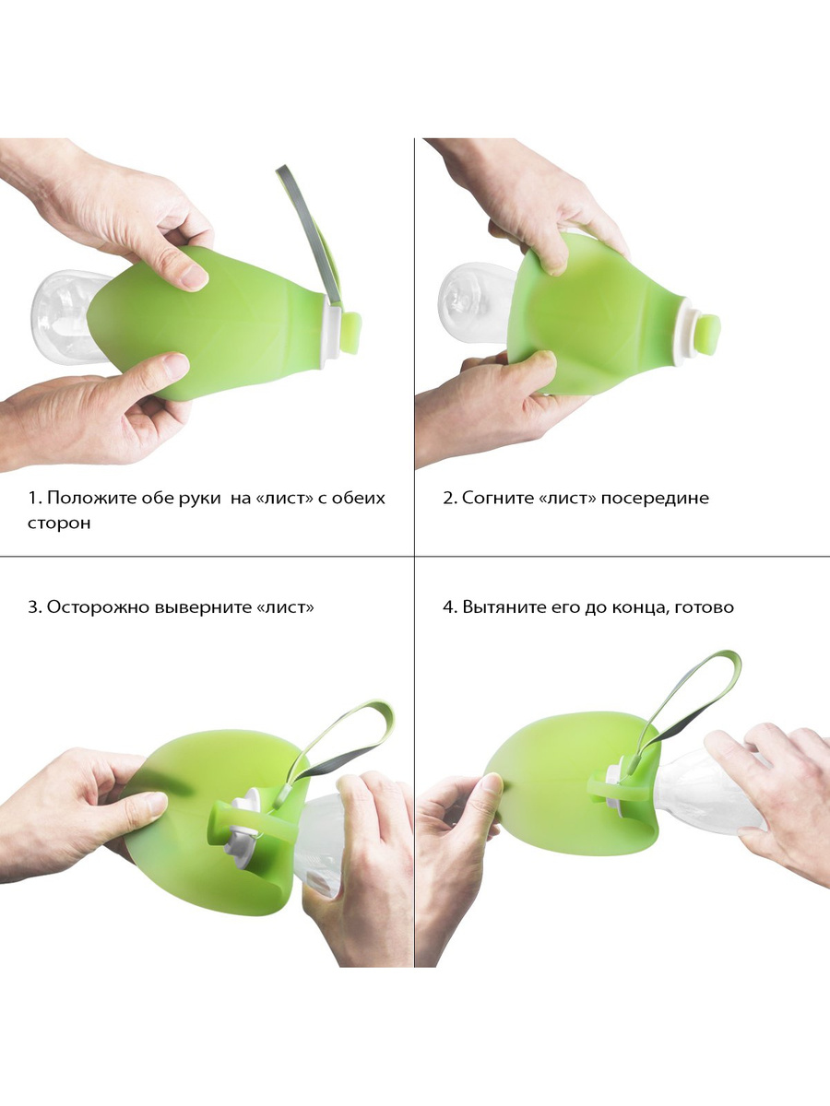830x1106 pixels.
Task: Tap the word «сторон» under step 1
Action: pos(59,523)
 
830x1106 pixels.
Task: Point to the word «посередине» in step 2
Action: pos(655,499)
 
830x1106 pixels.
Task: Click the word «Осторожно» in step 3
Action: pos(97,607)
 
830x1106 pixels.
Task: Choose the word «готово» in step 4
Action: pos(704,607)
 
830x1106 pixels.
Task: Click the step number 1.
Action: pos(33,499)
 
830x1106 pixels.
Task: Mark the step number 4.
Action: pos(448,607)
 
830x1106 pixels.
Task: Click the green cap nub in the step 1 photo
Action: pos(351,333)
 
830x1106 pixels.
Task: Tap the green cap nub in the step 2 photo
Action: pos(709,335)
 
